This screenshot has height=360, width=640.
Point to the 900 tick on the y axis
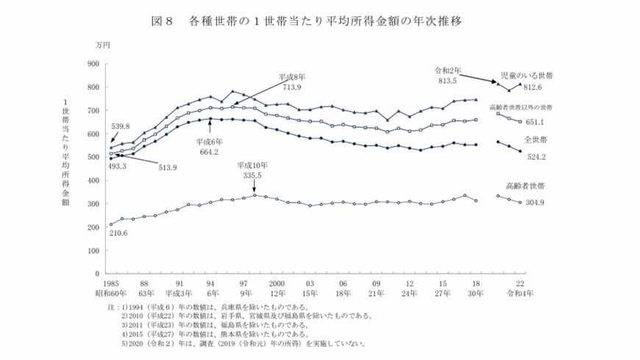click(x=92, y=64)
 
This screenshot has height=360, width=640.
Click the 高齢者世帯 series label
click(x=541, y=187)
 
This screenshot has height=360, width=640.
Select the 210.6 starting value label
click(x=119, y=233)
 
